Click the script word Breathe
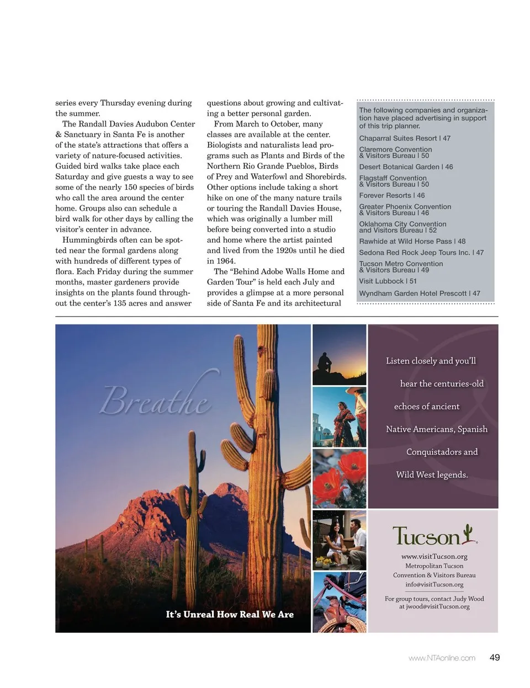click(x=155, y=400)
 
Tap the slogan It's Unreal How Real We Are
click(x=230, y=615)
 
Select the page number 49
click(x=495, y=657)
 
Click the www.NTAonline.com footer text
click(x=442, y=658)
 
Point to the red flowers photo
click(x=339, y=478)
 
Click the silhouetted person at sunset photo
click(x=339, y=354)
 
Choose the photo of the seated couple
click(x=339, y=540)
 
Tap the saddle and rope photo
click(x=339, y=602)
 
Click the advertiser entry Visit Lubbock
click(x=388, y=281)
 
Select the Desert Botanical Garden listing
click(x=406, y=167)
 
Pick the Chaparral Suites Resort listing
click(x=405, y=138)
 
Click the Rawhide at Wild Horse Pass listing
click(x=412, y=241)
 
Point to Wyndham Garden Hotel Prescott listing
click(x=420, y=294)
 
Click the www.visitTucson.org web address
click(x=434, y=556)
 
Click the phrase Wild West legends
click(x=432, y=474)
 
